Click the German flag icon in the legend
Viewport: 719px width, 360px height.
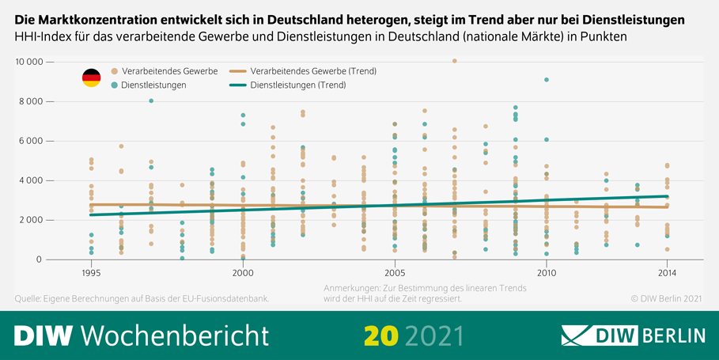pos(92,78)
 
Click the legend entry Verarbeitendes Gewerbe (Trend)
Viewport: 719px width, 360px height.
pos(301,71)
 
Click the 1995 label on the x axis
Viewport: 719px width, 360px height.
pos(91,272)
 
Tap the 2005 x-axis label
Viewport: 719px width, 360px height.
pos(395,272)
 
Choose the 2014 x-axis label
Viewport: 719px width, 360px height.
pos(668,272)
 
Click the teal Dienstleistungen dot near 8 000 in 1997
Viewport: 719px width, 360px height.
pos(151,100)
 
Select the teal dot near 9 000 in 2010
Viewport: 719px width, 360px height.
pos(547,80)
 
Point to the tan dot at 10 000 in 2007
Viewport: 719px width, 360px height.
pos(454,61)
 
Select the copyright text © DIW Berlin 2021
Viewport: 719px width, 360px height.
pos(666,298)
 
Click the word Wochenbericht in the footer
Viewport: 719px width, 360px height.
pos(175,335)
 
